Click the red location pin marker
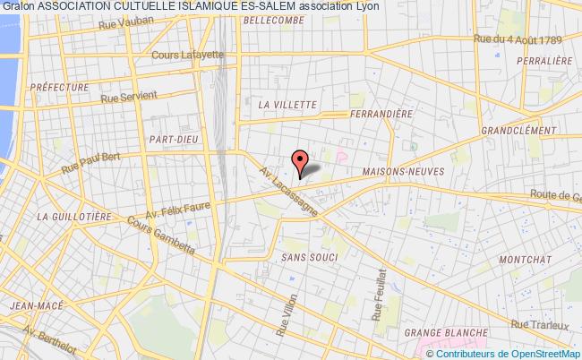[302, 161]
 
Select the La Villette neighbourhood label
[287, 105]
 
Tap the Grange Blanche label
[443, 333]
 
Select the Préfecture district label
[59, 88]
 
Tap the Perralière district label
[543, 60]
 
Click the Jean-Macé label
[30, 306]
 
